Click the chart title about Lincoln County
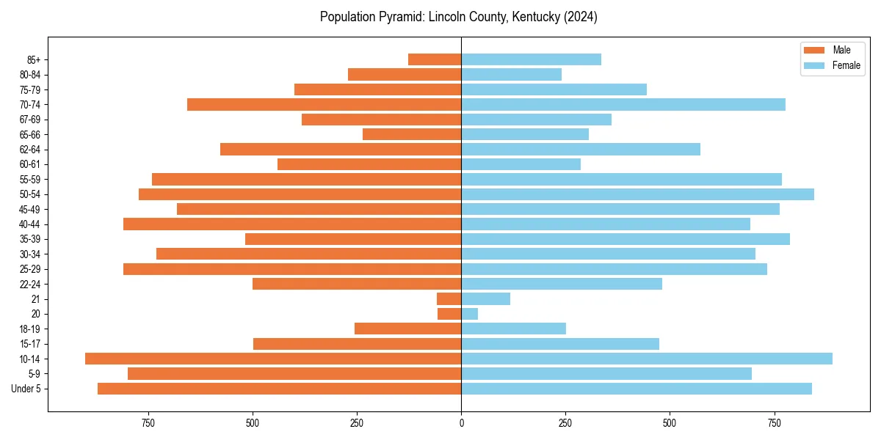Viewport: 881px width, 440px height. point(458,17)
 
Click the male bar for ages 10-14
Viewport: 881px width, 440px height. point(273,359)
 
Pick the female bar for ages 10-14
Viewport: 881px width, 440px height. point(646,359)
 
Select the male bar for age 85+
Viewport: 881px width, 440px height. point(435,59)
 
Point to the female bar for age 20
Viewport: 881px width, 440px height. point(469,314)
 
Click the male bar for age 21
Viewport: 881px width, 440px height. point(449,298)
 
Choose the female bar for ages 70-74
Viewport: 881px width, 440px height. point(623,104)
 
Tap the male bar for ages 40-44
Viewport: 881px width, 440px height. point(292,224)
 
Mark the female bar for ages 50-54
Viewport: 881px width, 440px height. point(637,194)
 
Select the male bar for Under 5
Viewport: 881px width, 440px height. point(279,389)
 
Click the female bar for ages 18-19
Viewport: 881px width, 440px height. point(513,329)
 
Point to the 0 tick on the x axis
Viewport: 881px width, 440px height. point(461,424)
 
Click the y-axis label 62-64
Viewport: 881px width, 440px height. point(30,150)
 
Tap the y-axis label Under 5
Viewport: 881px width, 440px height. point(26,389)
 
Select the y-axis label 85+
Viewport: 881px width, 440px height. point(33,59)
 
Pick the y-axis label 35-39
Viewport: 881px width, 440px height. point(30,239)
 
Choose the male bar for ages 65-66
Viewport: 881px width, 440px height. point(412,134)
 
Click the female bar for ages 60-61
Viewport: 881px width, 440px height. point(521,164)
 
